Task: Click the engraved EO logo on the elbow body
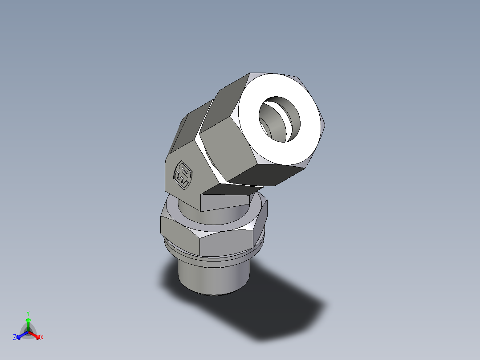[x=183, y=174]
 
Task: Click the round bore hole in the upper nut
[x=279, y=119]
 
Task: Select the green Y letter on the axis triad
[x=28, y=313]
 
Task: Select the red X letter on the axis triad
[x=41, y=338]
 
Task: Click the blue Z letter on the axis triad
[x=15, y=338]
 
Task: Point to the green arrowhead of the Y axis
[x=28, y=320]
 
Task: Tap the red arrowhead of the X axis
[x=37, y=335]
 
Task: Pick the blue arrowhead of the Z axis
[x=19, y=335]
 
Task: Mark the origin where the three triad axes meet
[x=28, y=332]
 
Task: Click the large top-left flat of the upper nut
[x=227, y=107]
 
